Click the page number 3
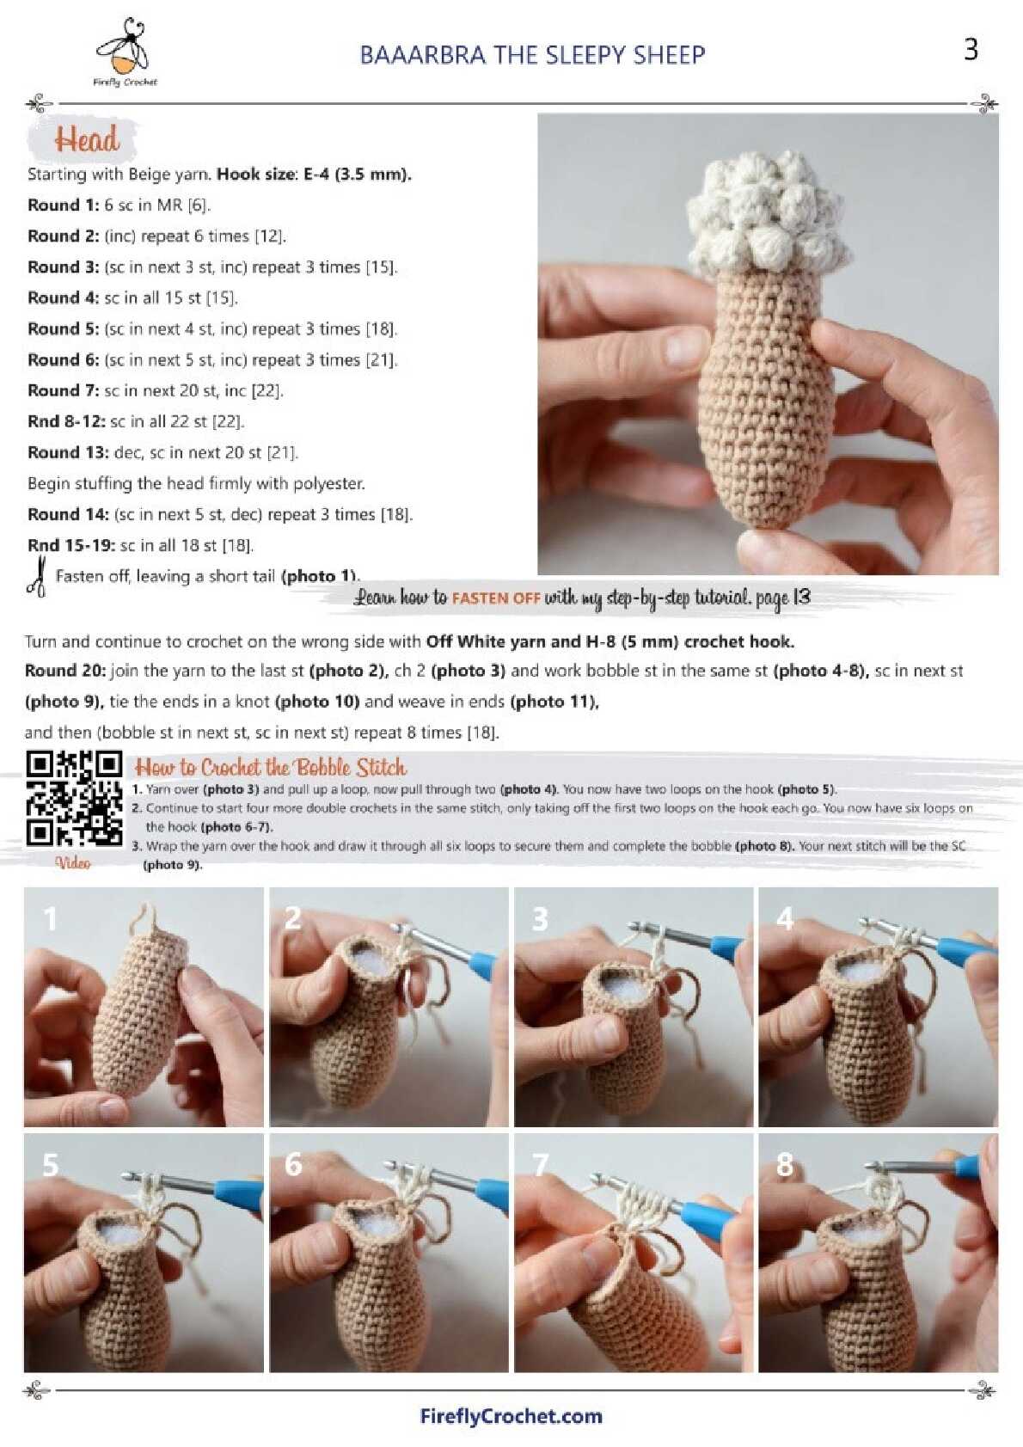click(x=970, y=50)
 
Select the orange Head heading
click(x=87, y=139)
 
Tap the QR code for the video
click(x=74, y=798)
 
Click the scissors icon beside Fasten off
click(x=37, y=575)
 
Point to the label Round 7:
click(x=64, y=390)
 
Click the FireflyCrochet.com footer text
click(x=511, y=1416)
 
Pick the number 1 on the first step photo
click(x=50, y=918)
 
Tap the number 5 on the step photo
click(x=51, y=1165)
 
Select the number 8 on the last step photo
click(x=784, y=1165)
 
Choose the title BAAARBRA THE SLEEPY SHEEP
click(x=532, y=55)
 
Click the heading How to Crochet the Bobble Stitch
click(x=270, y=768)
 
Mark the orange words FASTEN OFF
click(x=495, y=598)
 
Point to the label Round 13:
click(x=68, y=452)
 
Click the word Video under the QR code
click(x=73, y=863)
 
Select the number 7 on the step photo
click(x=540, y=1165)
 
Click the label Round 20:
click(x=65, y=671)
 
